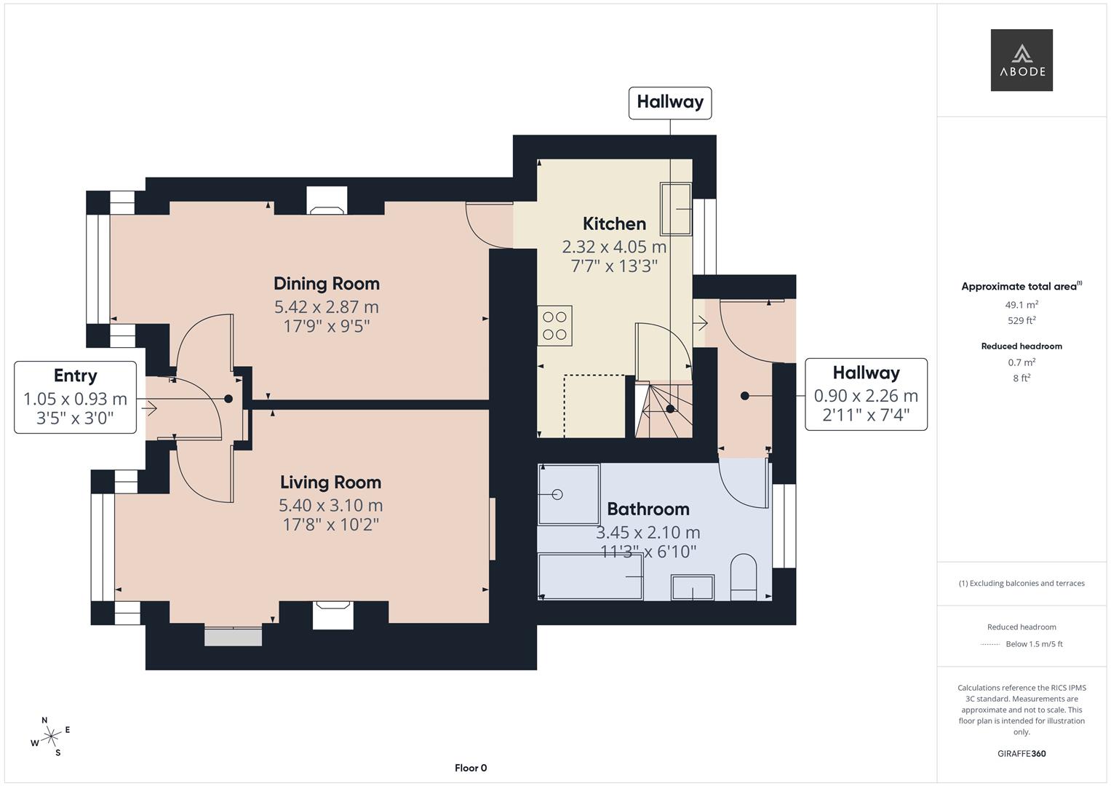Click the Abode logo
click(x=1022, y=60)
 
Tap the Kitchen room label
click(x=614, y=223)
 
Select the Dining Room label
click(x=327, y=283)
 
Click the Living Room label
click(x=330, y=482)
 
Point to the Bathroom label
click(x=648, y=509)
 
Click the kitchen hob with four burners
click(x=554, y=325)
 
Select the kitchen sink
click(x=676, y=209)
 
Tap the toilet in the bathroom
click(x=743, y=578)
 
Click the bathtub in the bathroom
click(x=591, y=576)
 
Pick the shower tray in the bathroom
click(x=568, y=494)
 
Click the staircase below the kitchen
click(x=663, y=410)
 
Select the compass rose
click(x=50, y=737)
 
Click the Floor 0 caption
click(x=471, y=768)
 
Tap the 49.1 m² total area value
click(x=1022, y=305)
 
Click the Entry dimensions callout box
click(x=75, y=397)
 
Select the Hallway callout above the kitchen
click(x=669, y=102)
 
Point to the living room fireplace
click(x=332, y=614)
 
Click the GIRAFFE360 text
click(x=1022, y=753)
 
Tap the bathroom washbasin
click(x=692, y=587)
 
